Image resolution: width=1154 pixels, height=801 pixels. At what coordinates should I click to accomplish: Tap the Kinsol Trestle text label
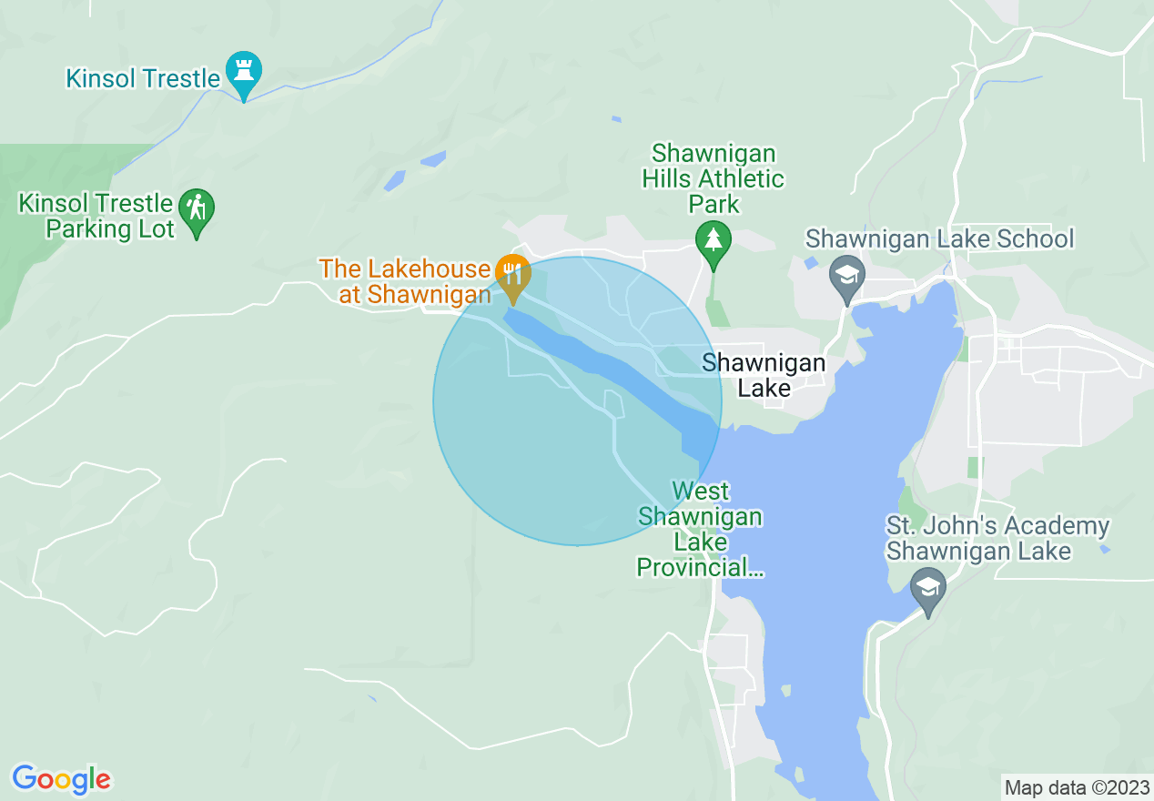pos(143,79)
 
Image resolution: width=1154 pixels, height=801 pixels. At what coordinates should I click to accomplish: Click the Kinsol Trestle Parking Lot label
pos(96,216)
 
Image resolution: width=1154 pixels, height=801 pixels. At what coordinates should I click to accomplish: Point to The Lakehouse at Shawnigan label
pos(404,281)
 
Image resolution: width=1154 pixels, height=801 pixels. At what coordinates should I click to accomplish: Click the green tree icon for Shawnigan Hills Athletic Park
pos(714,240)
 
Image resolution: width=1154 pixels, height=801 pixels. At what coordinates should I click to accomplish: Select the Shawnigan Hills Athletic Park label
pos(714,178)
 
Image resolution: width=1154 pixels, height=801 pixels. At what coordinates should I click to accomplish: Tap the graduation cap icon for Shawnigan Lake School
pos(847,274)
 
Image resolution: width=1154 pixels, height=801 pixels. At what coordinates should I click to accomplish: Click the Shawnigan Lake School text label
pos(939,239)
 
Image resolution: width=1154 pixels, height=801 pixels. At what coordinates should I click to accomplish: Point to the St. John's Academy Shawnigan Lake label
pos(997,539)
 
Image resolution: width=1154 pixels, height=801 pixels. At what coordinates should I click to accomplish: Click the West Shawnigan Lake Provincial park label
pos(700,530)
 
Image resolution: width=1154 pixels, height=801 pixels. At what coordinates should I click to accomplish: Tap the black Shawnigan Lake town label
pos(764,376)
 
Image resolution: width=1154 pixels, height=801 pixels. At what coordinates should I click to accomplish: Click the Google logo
pos(61,779)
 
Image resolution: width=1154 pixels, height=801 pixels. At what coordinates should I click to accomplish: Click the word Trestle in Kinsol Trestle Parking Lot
pos(134,203)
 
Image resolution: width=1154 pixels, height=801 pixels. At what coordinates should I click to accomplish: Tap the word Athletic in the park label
pos(739,178)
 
